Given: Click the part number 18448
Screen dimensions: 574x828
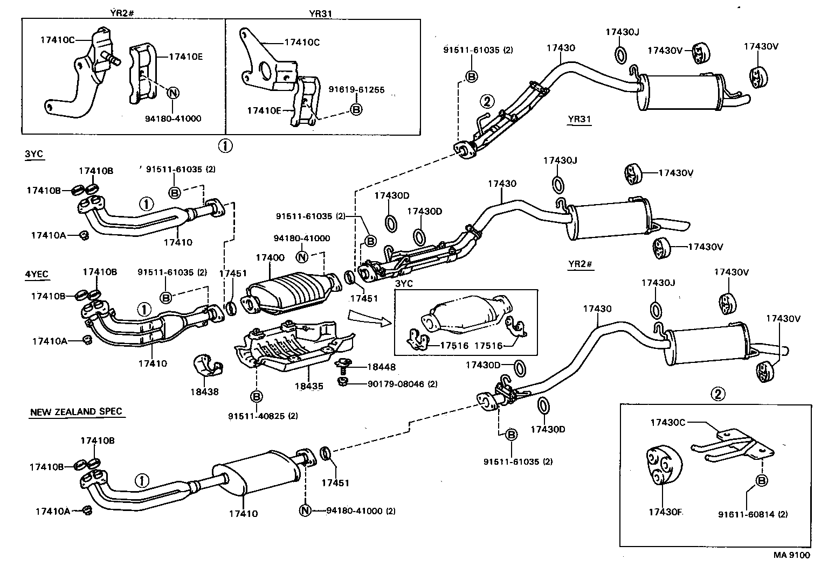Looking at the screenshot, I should coord(381,367).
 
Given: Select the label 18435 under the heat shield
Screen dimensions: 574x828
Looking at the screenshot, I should coord(309,386).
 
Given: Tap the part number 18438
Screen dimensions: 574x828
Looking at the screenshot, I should coord(205,392).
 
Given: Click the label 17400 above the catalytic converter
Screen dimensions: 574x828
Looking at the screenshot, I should coord(270,258).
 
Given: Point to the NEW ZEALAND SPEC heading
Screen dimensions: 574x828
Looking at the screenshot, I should coord(76,412).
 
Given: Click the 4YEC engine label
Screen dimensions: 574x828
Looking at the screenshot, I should coord(37,275).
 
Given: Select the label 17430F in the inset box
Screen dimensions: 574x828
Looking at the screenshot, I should coord(666,512).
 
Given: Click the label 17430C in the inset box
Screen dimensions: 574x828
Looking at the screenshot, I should coord(667,423).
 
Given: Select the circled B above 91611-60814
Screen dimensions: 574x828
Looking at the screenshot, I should coord(762,480).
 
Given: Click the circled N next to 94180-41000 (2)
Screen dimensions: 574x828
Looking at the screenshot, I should coord(305,510).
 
